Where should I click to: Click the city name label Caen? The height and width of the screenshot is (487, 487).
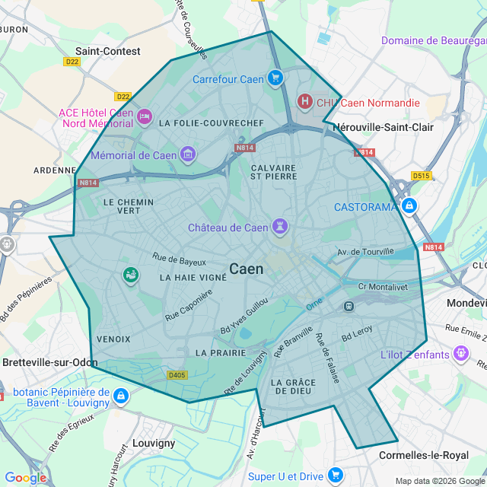(247, 269)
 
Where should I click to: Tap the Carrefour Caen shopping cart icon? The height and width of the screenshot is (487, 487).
(275, 78)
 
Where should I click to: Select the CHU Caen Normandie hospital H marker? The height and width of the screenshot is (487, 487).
(305, 102)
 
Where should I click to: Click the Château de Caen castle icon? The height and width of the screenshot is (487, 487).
(281, 227)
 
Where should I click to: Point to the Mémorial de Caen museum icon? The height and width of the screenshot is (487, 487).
(188, 155)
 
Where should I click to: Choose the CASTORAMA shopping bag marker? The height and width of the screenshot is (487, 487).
(409, 206)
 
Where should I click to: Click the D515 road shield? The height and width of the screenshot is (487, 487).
(421, 176)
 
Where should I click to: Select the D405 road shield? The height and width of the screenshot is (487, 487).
(177, 374)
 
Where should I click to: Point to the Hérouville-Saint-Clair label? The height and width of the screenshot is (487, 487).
(384, 127)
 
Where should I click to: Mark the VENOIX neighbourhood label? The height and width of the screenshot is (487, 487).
(114, 339)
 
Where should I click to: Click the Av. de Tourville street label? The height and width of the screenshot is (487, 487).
(366, 252)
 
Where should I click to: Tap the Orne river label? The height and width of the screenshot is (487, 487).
(314, 304)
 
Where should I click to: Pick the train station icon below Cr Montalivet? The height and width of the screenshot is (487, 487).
(349, 306)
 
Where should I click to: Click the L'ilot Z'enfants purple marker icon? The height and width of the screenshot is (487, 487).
(460, 354)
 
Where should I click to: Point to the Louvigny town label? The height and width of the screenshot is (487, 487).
(154, 443)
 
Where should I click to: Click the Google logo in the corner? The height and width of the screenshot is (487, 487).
(25, 477)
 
